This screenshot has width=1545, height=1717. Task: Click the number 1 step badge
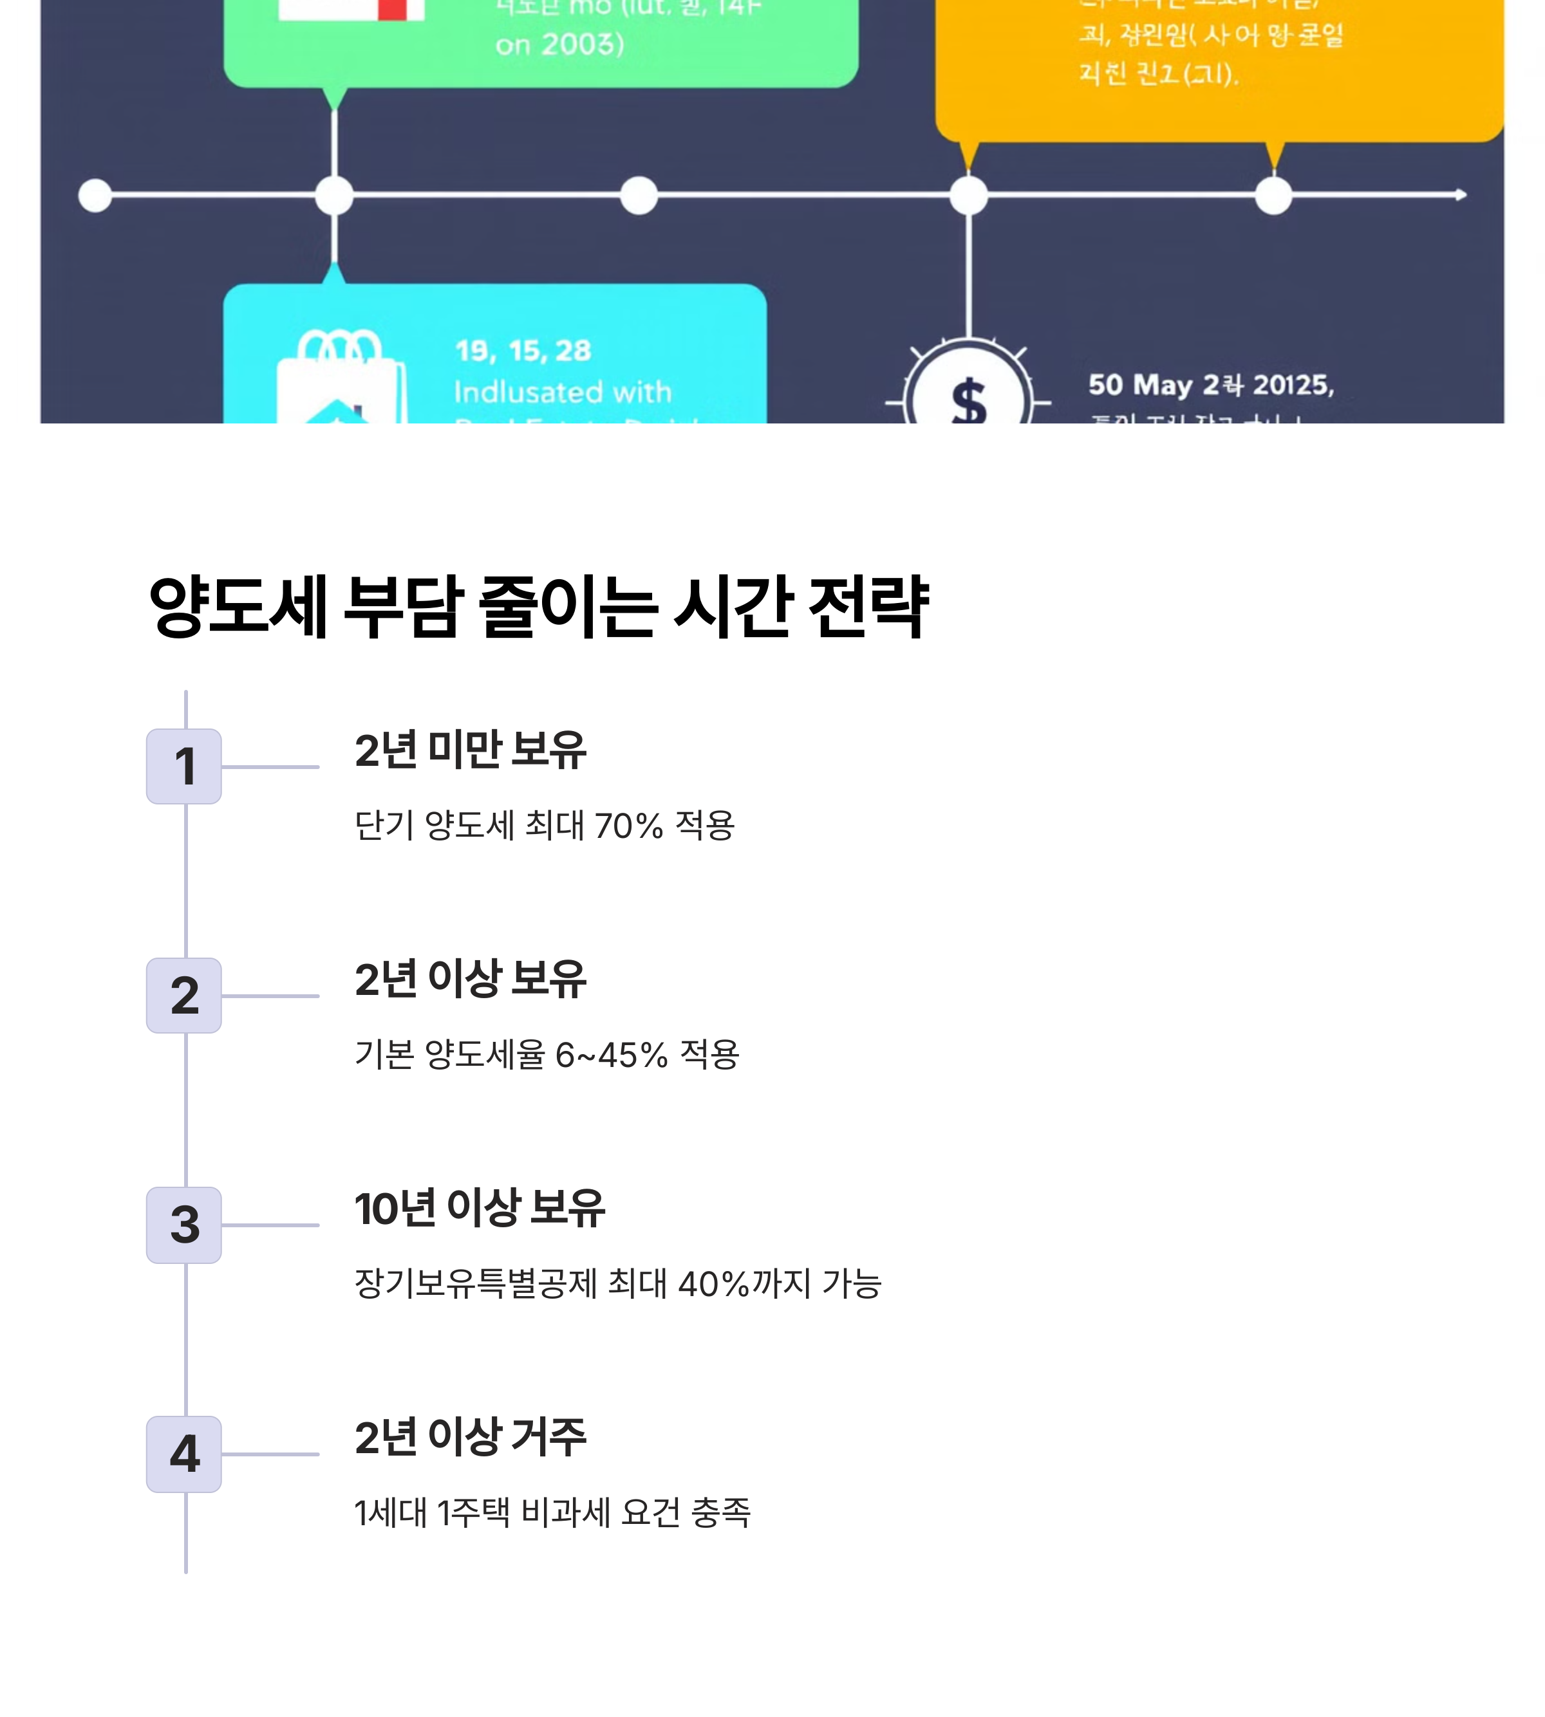[x=183, y=766]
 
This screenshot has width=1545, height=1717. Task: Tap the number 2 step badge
[x=183, y=996]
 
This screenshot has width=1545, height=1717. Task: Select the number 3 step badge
[x=183, y=1225]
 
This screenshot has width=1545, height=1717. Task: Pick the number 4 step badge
[x=183, y=1454]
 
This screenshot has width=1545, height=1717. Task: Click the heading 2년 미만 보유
[x=469, y=750]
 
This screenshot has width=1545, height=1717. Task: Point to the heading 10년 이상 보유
[x=480, y=1209]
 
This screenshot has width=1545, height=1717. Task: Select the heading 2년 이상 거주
[x=469, y=1438]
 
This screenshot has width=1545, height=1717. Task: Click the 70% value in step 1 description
[x=628, y=826]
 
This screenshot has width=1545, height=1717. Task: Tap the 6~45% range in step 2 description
[x=611, y=1055]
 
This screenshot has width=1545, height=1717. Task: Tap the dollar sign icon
[x=969, y=400]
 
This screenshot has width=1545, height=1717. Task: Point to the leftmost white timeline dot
[x=95, y=195]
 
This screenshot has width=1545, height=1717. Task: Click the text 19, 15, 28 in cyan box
[x=522, y=351]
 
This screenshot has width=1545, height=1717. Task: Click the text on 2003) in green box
[x=559, y=44]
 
